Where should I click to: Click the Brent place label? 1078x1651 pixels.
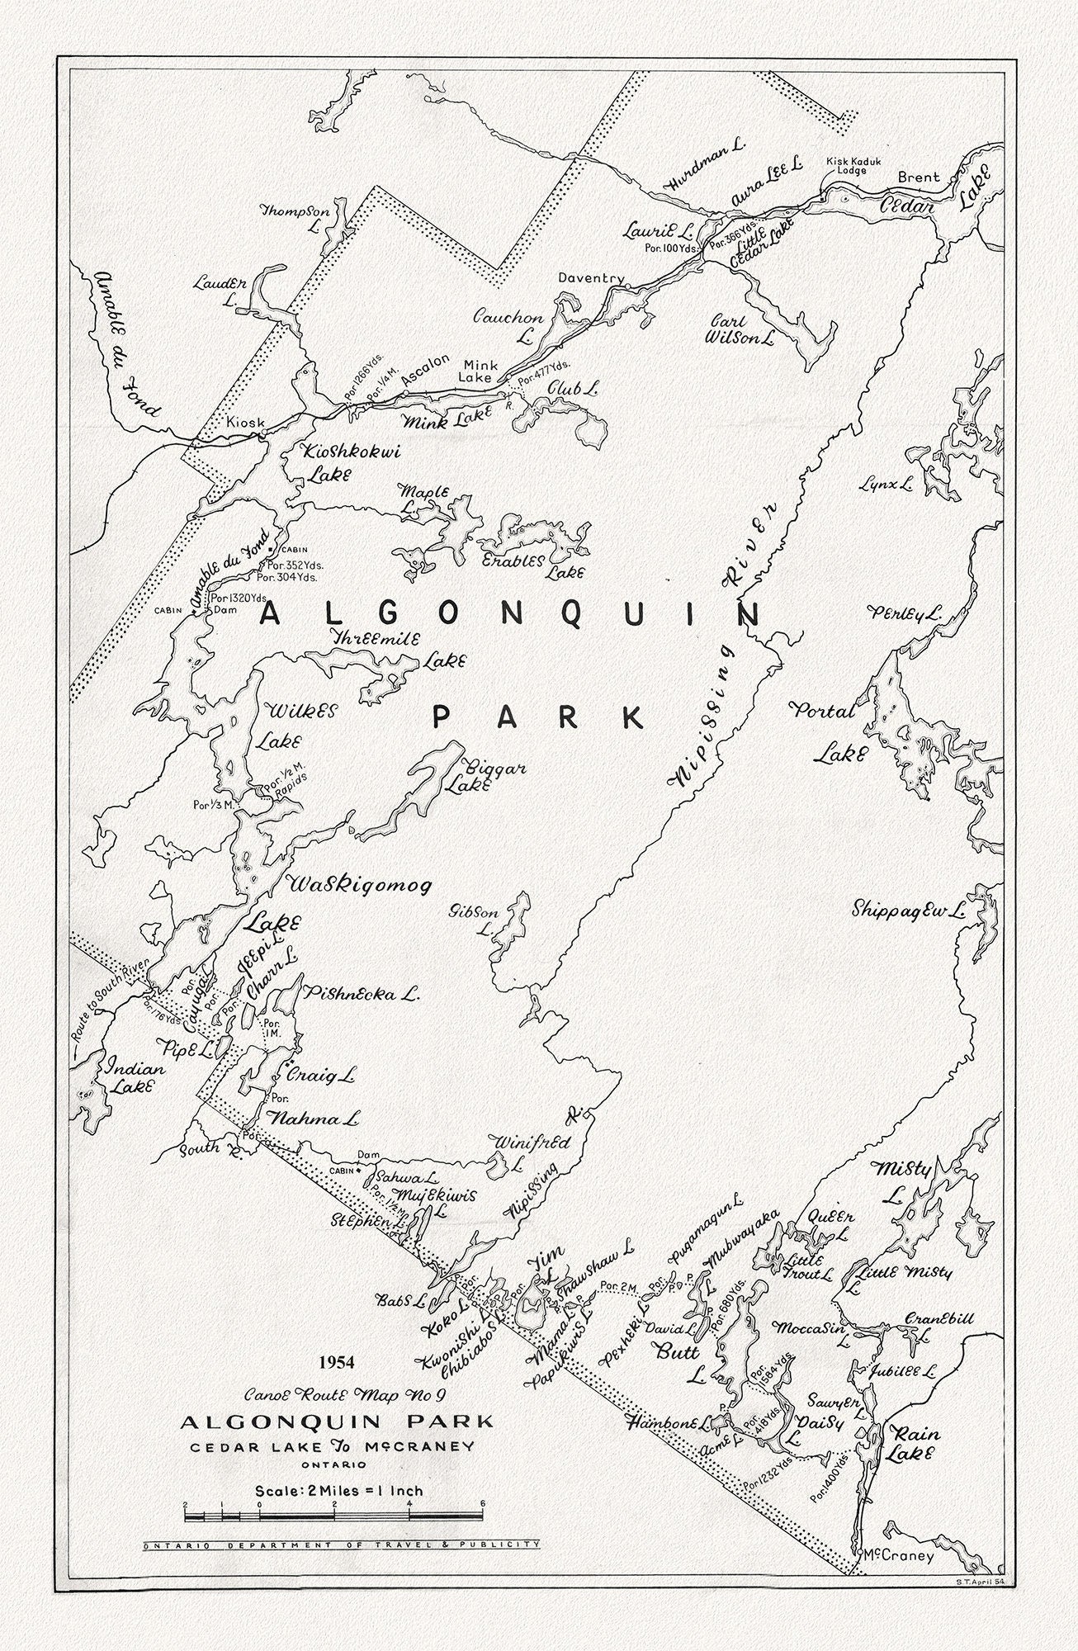point(919,177)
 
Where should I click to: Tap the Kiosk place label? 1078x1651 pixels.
point(246,423)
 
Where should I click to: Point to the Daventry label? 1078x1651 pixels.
point(590,278)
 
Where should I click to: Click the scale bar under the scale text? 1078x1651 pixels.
point(333,1516)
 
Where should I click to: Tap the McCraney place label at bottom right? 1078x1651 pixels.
point(897,1557)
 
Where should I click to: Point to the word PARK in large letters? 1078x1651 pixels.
point(538,717)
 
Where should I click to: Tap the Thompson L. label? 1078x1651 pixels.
point(296,217)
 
